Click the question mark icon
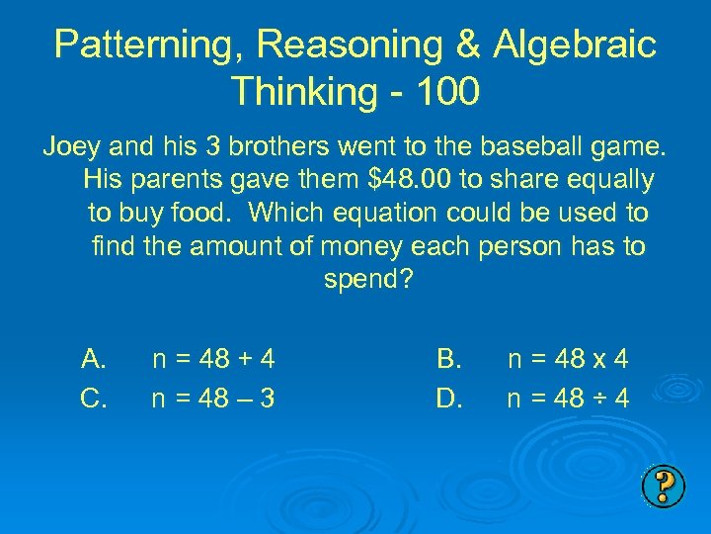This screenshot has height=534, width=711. click(x=664, y=485)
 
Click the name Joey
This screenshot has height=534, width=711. click(x=70, y=148)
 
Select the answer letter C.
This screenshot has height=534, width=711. click(x=95, y=399)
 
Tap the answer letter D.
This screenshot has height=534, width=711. click(x=448, y=399)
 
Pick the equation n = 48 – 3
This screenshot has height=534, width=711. click(x=212, y=399)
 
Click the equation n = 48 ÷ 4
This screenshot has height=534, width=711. click(x=568, y=399)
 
